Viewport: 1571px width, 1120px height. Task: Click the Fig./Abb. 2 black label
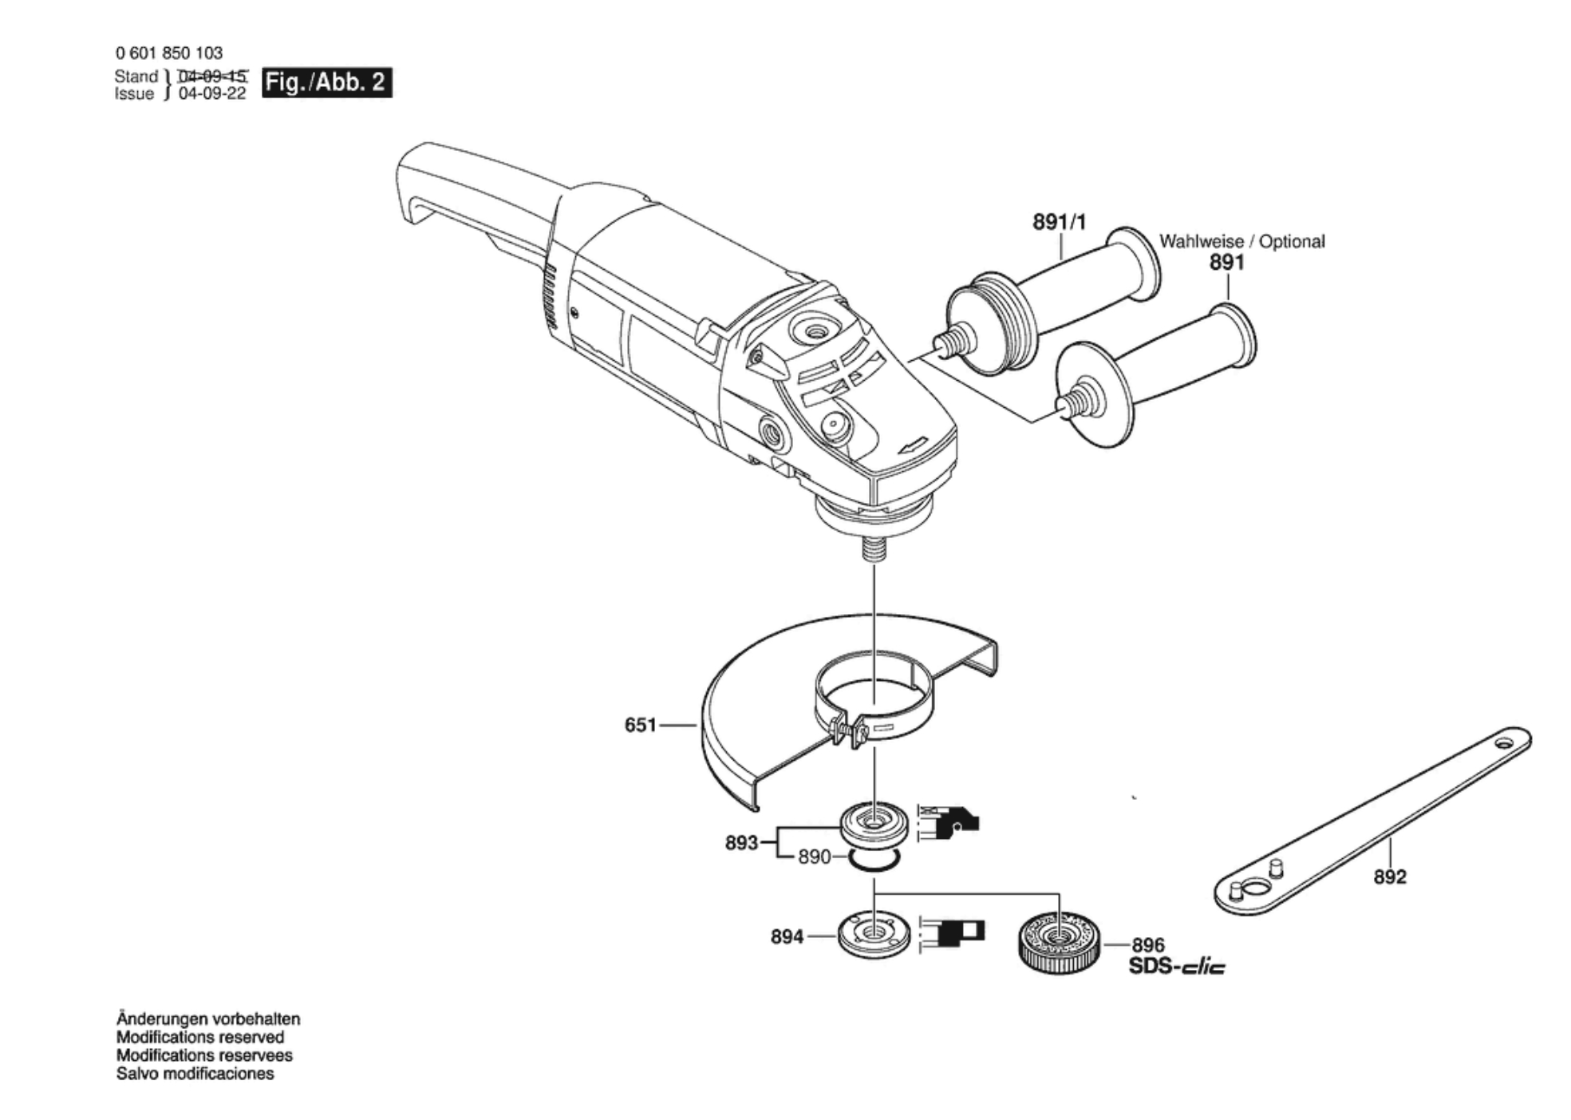tap(327, 82)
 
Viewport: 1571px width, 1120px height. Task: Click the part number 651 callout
tap(640, 725)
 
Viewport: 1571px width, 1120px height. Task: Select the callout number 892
tap(1390, 877)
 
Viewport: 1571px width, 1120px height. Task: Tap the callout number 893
tap(741, 842)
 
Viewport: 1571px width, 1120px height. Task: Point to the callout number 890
tap(815, 857)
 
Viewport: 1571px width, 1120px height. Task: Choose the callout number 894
tap(787, 936)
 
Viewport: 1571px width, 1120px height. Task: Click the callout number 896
tap(1148, 945)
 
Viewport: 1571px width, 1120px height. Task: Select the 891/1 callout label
tap(1060, 221)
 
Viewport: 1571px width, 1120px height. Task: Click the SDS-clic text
tap(1177, 967)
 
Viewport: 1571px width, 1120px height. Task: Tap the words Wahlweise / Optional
tap(1241, 241)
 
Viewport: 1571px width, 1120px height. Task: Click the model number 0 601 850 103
tap(169, 53)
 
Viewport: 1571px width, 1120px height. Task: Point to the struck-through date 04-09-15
tap(212, 76)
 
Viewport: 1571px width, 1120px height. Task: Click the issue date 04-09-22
tap(212, 93)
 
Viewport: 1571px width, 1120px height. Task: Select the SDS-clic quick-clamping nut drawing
tap(1060, 944)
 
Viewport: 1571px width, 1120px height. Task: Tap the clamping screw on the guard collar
tap(848, 730)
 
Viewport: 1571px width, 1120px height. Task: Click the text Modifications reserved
tap(200, 1037)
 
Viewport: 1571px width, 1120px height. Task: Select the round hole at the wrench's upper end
tap(1503, 743)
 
